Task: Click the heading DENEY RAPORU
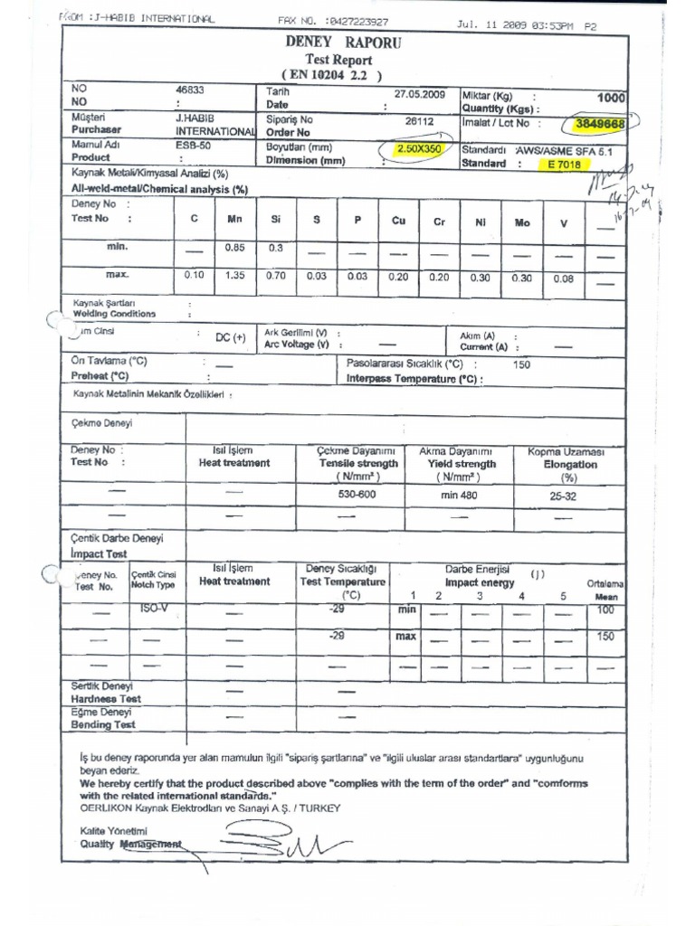344,43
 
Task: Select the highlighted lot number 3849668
600,123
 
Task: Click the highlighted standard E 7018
562,165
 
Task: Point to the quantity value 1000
612,98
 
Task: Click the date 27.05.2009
420,93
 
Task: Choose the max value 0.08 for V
563,279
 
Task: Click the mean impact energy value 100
605,611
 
